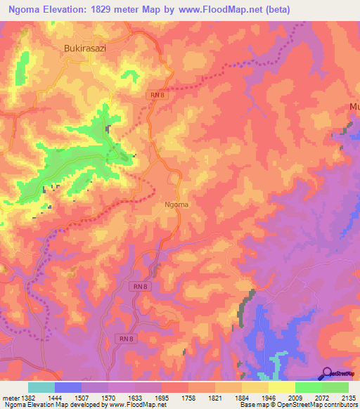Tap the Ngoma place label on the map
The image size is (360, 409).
coord(176,204)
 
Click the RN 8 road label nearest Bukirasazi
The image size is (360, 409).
coord(157,94)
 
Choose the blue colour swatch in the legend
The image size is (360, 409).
coord(68,387)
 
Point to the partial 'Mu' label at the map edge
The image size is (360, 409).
coord(354,107)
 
